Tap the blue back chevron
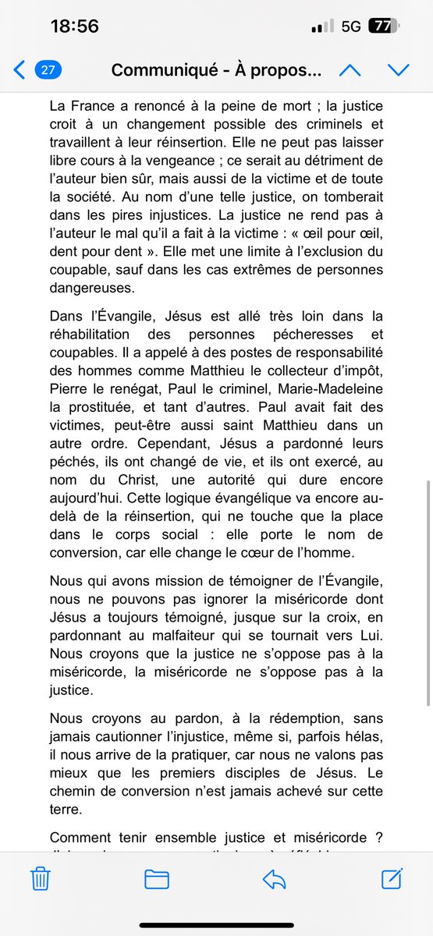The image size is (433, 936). point(19,70)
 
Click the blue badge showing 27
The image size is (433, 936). point(47,70)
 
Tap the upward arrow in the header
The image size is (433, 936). point(350,70)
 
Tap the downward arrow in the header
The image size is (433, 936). point(399,70)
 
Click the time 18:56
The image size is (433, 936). point(74,26)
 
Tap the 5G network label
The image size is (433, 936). point(351,26)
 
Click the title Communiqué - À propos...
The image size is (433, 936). point(216,70)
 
